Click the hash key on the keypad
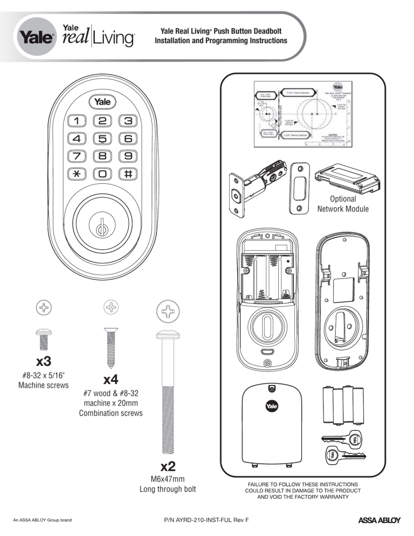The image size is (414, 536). [128, 174]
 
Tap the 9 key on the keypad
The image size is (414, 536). [128, 156]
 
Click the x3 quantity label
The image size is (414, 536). [44, 360]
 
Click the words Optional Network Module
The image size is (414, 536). [343, 204]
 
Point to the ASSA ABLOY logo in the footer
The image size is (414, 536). [379, 520]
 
